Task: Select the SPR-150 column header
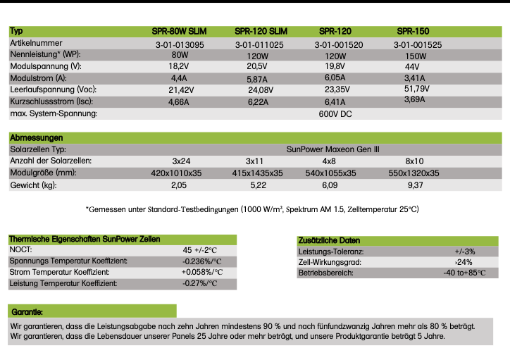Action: [413, 32]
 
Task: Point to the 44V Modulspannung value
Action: [412, 66]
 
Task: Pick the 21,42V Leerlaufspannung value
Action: [181, 90]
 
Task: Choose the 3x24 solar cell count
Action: [181, 161]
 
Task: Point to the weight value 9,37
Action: [413, 185]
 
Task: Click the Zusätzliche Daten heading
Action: [330, 240]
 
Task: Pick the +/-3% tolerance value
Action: [465, 251]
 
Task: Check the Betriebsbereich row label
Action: [325, 273]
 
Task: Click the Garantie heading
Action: [27, 311]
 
